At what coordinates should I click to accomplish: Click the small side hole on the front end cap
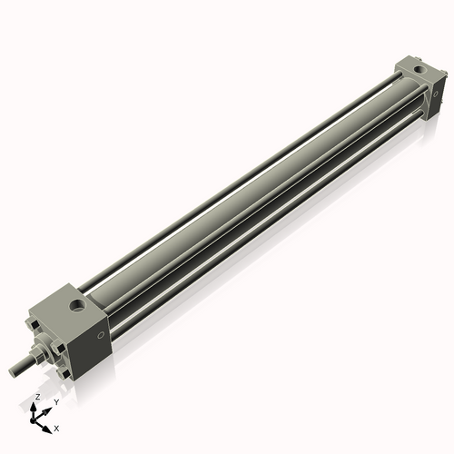click(x=99, y=334)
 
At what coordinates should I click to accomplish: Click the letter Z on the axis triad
click(x=37, y=397)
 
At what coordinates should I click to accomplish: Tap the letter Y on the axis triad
click(x=56, y=401)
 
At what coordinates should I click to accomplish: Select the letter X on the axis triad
click(x=57, y=427)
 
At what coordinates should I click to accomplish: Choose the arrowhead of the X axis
click(x=48, y=425)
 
